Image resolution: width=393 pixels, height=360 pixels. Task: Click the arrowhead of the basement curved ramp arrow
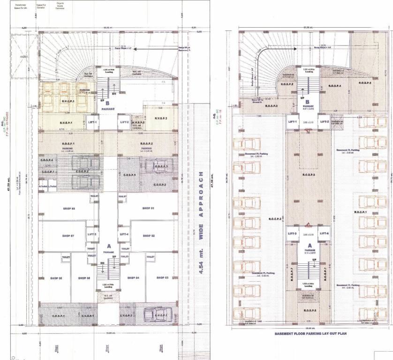tap(281, 48)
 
